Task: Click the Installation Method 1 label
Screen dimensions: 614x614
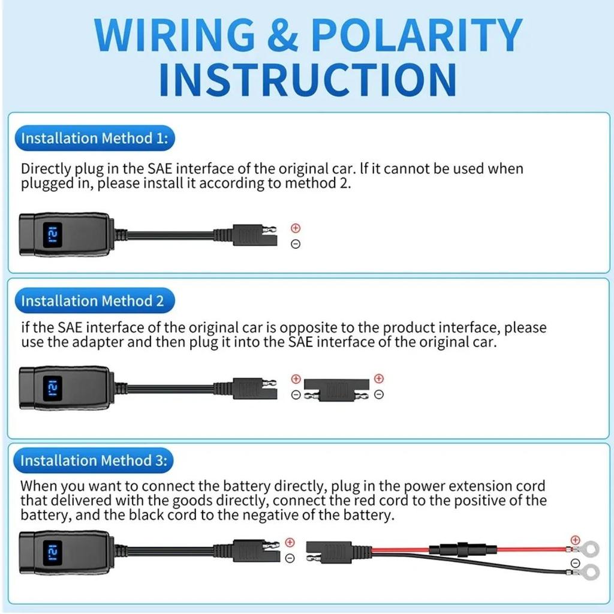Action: tap(95, 139)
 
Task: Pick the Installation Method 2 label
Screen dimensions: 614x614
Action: tap(92, 301)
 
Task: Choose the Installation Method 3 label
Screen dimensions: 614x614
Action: tap(94, 460)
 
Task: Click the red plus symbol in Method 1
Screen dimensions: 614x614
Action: tap(295, 228)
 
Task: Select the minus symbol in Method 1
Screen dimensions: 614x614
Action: tap(295, 244)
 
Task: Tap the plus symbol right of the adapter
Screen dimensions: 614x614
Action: tap(378, 378)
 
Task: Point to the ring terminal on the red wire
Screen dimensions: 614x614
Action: tap(591, 547)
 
